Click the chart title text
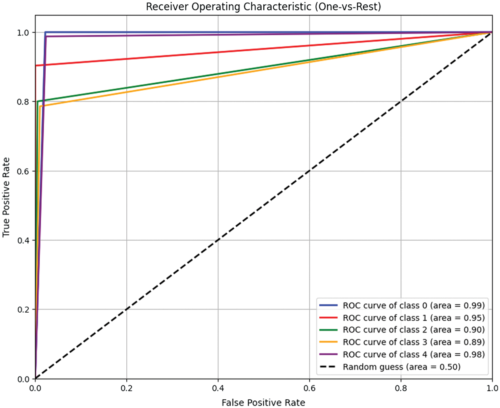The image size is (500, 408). (x=263, y=7)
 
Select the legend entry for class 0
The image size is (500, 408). (x=413, y=305)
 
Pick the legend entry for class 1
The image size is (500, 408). (x=413, y=318)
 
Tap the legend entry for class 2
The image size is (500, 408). (x=413, y=330)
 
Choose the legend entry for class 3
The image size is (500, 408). (x=413, y=342)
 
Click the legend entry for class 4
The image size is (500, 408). (x=413, y=354)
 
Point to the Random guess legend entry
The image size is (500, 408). (x=402, y=367)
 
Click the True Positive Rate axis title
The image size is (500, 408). (x=6, y=197)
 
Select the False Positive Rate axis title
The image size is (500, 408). (x=263, y=402)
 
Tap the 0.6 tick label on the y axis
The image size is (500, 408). (x=23, y=171)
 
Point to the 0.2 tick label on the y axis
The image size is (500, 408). (x=23, y=310)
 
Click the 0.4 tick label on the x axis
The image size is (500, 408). (x=218, y=387)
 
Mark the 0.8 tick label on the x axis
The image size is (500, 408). (x=401, y=387)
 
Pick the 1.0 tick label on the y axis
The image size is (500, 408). (x=23, y=33)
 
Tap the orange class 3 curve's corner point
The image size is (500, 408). (x=41, y=106)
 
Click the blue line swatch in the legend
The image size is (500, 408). (x=328, y=305)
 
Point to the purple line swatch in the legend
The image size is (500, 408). (x=328, y=354)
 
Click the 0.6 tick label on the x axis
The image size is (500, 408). (x=309, y=387)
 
